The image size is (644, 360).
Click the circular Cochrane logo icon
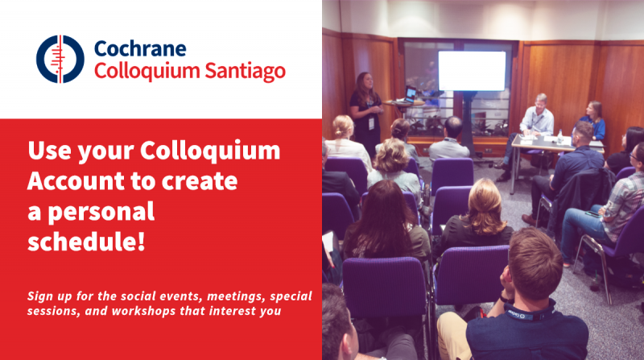[60, 59]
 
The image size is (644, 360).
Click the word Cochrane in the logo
[140, 48]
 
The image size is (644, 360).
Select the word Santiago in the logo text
[245, 71]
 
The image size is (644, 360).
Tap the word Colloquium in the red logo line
[147, 71]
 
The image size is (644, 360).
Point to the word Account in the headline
[74, 181]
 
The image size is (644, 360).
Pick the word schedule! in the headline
[86, 241]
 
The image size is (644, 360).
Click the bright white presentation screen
[472, 71]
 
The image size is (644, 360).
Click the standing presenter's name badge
[371, 123]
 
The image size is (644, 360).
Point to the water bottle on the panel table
[559, 136]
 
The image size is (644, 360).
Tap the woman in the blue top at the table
[592, 120]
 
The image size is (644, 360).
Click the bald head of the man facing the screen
[453, 126]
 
